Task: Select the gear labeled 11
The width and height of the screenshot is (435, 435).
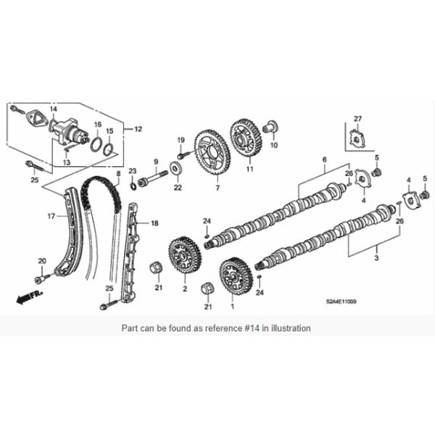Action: pos(246,137)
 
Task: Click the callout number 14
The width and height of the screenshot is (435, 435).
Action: pos(53,108)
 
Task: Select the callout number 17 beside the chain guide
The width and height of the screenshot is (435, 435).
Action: pos(51,216)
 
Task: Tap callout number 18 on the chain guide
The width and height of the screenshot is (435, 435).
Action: pos(154,224)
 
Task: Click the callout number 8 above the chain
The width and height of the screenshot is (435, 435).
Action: pos(118,174)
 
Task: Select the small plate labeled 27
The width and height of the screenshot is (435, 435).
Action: pos(356,138)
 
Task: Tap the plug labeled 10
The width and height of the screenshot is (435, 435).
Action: pos(273,128)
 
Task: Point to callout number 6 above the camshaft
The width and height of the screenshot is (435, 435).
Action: pos(325,159)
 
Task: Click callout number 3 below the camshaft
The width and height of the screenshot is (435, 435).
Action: pos(376,257)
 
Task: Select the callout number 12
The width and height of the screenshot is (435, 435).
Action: pos(139,128)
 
